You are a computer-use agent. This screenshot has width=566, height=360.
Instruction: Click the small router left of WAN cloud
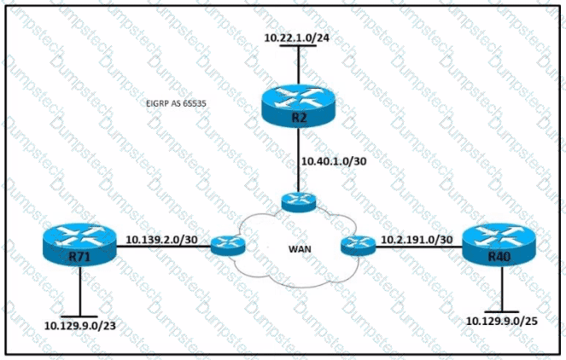pyautogui.click(x=228, y=246)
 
